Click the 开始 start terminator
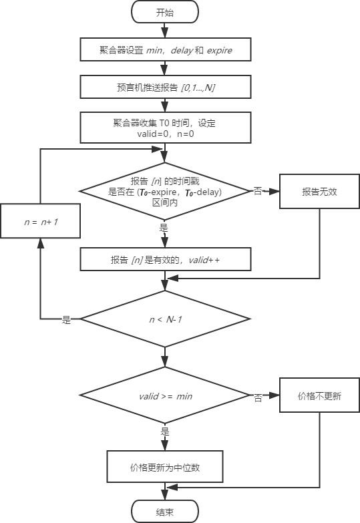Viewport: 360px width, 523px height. coord(165,11)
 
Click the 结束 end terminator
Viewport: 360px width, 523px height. coord(165,512)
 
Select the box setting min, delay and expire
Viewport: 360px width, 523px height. coord(165,49)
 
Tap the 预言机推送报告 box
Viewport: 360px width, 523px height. coord(165,87)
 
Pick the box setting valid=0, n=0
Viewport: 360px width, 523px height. coord(165,128)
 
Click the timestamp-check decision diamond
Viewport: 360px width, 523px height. coord(165,191)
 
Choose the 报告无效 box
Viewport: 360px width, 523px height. coord(319,191)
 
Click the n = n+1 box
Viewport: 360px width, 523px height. coord(41,220)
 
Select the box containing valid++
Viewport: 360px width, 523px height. coord(165,260)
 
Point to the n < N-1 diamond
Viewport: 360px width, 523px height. coord(165,319)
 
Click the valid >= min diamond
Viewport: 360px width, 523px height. coord(165,396)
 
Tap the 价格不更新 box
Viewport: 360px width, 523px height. coord(319,396)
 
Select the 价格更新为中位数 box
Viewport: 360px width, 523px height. coord(165,467)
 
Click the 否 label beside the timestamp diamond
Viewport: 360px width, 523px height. coord(258,191)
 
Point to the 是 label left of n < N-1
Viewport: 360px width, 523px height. coord(66,321)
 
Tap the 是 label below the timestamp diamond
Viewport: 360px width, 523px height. coord(164,228)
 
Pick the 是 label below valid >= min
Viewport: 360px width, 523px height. coord(165,432)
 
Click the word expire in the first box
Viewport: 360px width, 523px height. coord(219,50)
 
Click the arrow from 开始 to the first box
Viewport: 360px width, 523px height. coord(165,30)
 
